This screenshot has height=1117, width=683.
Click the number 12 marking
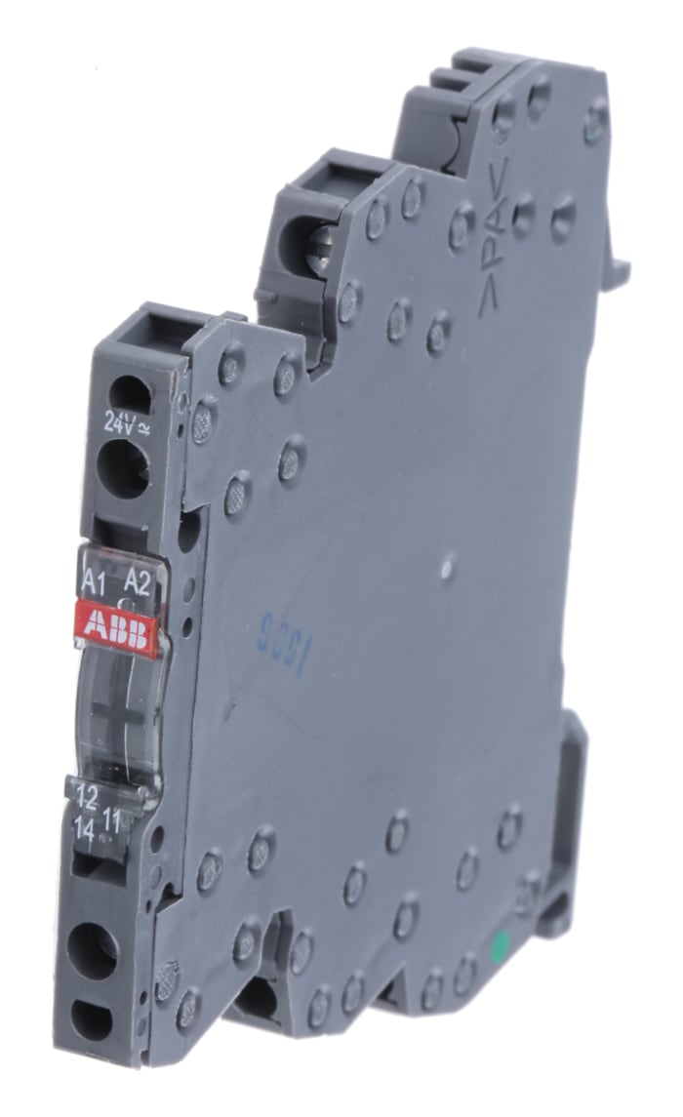tap(87, 798)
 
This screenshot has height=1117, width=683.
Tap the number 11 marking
tap(111, 822)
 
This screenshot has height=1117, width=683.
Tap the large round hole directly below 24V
tap(125, 468)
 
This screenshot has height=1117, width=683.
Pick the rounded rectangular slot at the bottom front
tap(92, 1018)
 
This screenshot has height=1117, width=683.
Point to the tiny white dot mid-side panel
tap(447, 565)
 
